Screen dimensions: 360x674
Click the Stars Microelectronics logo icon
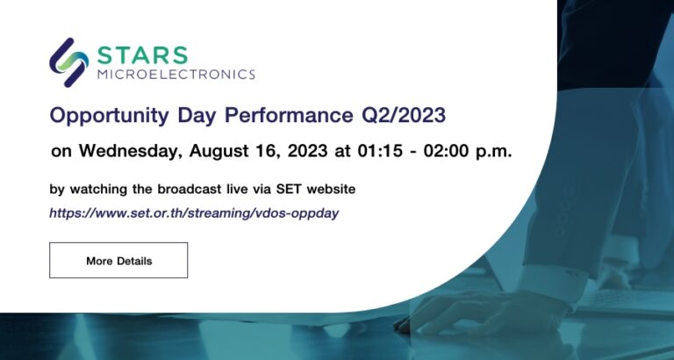pyautogui.click(x=68, y=62)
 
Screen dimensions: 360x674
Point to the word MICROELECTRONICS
pyautogui.click(x=176, y=76)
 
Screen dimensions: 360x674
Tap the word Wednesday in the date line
pyautogui.click(x=128, y=150)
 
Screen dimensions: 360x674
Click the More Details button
pyautogui.click(x=118, y=261)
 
